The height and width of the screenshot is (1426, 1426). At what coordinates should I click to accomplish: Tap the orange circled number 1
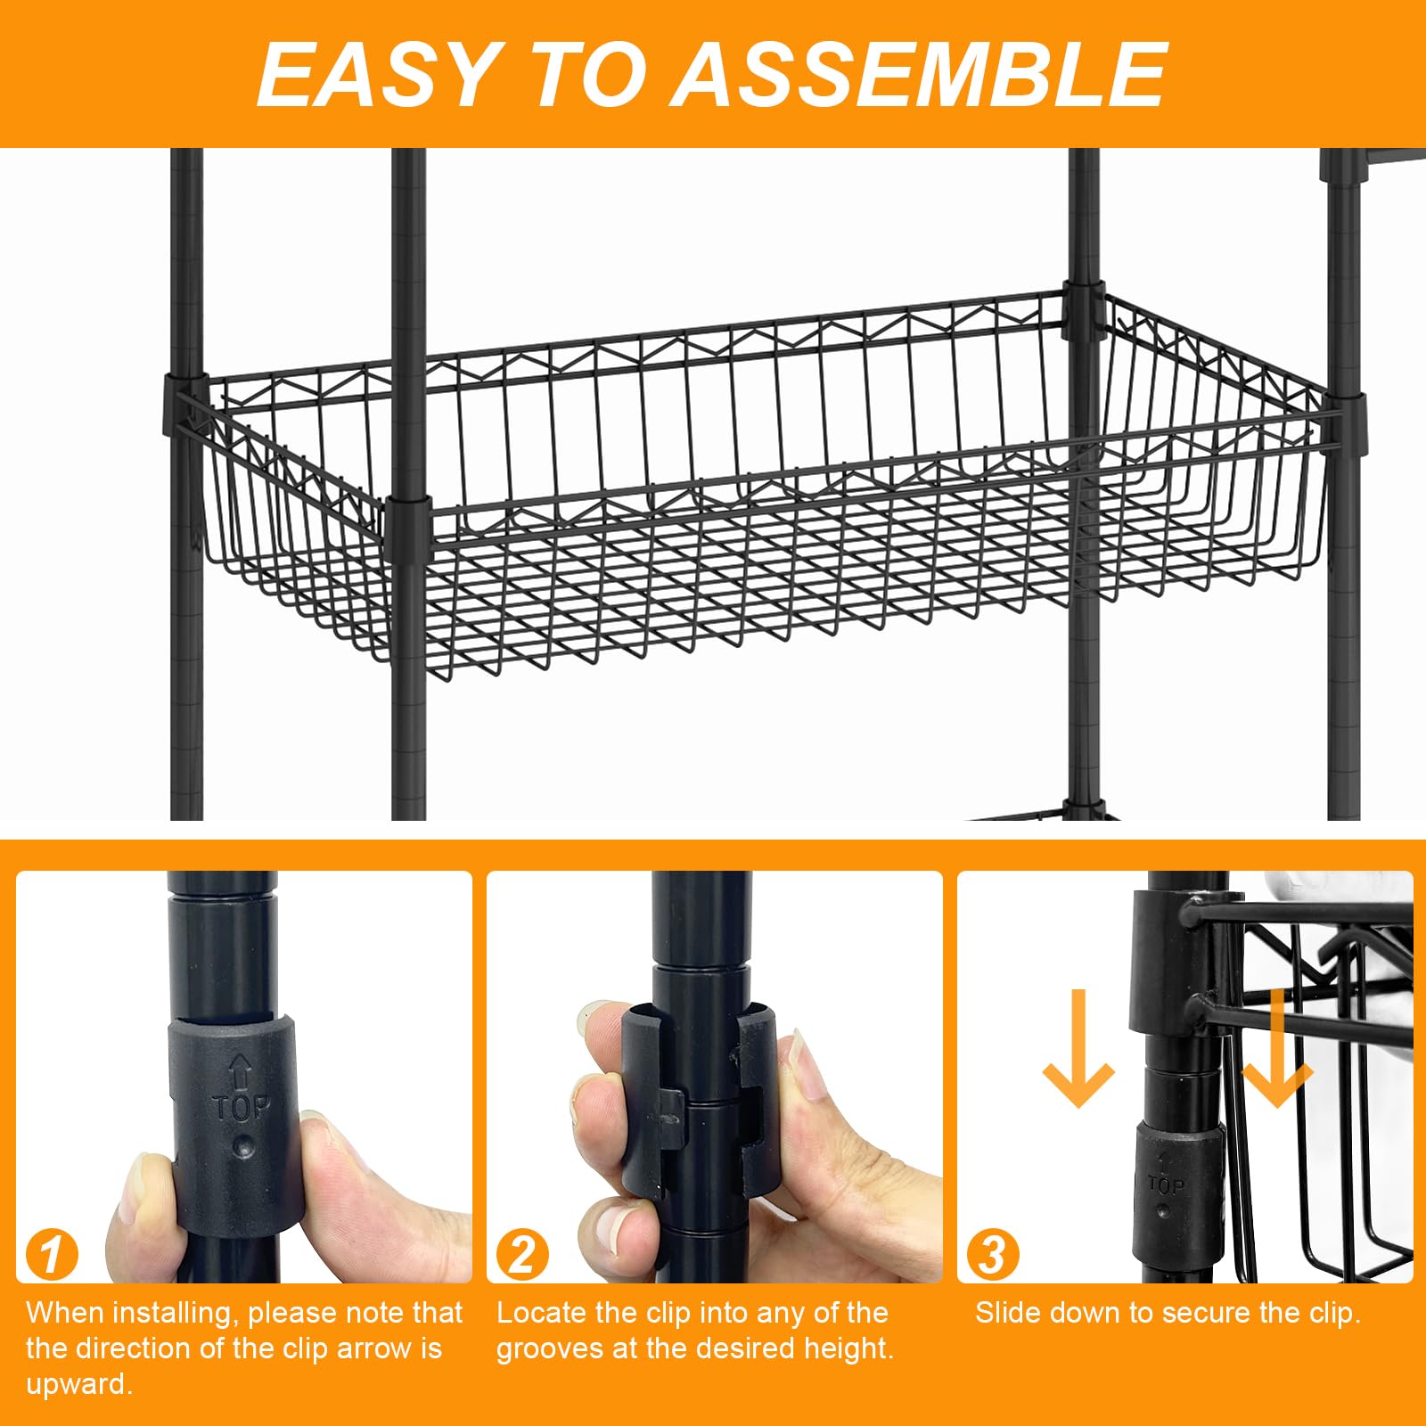pyautogui.click(x=52, y=1255)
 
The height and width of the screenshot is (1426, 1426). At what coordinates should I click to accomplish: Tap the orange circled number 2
pyautogui.click(x=521, y=1255)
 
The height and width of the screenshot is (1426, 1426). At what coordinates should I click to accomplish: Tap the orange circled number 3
pyautogui.click(x=992, y=1255)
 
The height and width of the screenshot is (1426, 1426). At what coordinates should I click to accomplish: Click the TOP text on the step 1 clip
pyautogui.click(x=241, y=1108)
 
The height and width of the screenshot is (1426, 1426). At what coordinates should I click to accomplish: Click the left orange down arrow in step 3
pyautogui.click(x=1078, y=1052)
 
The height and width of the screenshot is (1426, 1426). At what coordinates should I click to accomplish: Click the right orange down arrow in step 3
pyautogui.click(x=1276, y=1052)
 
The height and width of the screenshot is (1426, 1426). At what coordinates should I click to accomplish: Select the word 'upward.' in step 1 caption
pyautogui.click(x=79, y=1384)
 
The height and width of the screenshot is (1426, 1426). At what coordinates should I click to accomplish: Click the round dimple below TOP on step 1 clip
pyautogui.click(x=242, y=1145)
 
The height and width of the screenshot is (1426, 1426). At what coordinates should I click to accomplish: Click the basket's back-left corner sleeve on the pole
pyautogui.click(x=185, y=406)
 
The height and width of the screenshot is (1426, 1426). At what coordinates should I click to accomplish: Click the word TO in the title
pyautogui.click(x=586, y=75)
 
